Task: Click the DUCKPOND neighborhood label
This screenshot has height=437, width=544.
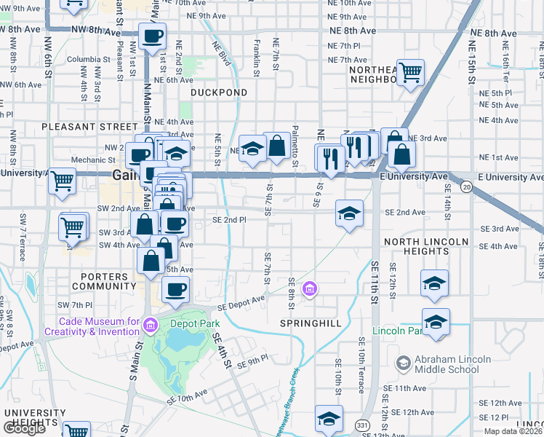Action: click(219, 92)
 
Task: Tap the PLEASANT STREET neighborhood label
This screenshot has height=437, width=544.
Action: click(79, 127)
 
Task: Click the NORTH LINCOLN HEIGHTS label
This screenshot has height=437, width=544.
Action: click(426, 246)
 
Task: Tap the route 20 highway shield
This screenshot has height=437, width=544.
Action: click(467, 187)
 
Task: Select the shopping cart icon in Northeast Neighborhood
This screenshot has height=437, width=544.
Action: click(411, 72)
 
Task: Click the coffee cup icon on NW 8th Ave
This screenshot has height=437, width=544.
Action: click(153, 36)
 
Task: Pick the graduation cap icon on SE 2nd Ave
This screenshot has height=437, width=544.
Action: click(349, 213)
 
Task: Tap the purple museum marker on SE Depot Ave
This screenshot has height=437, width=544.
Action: click(311, 290)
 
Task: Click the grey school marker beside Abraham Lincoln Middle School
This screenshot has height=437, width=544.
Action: click(402, 363)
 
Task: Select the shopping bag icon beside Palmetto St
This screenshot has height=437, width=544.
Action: click(277, 146)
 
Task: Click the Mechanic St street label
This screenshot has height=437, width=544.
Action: click(89, 160)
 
